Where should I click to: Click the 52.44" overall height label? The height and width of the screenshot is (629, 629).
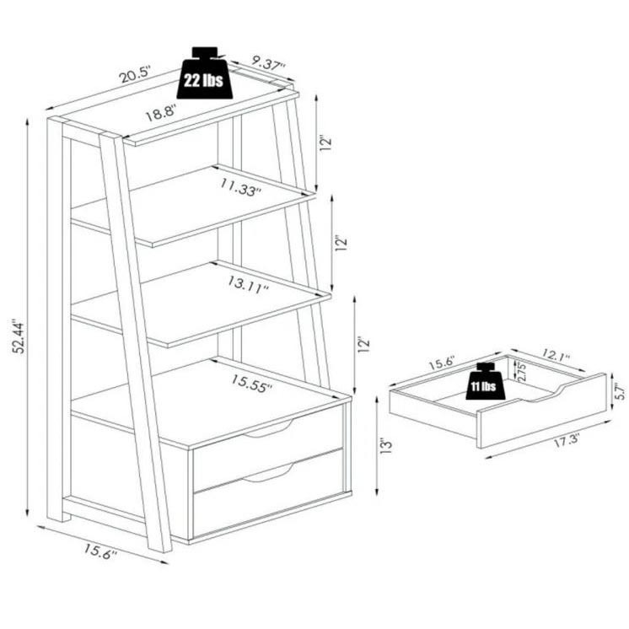point(19,337)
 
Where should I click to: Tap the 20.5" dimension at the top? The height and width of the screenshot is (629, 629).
point(135,74)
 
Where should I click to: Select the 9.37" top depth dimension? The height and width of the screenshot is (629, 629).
point(269,63)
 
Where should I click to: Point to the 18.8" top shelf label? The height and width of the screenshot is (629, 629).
point(160,113)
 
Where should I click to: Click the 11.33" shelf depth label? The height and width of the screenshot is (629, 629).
point(240,187)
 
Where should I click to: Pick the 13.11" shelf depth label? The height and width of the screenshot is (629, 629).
point(248,284)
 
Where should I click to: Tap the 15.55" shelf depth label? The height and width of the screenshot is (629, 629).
point(251,383)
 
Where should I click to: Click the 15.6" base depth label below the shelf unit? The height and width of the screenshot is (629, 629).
point(100,551)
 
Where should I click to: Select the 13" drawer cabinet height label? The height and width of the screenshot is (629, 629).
point(386,447)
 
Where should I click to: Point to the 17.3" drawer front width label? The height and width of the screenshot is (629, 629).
point(567,441)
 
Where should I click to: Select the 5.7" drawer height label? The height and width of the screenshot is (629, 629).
point(621,391)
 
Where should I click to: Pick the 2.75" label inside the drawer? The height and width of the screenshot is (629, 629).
point(521,372)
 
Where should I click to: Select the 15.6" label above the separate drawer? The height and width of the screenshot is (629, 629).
point(442,363)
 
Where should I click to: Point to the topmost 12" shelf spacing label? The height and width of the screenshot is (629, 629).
point(325,143)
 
